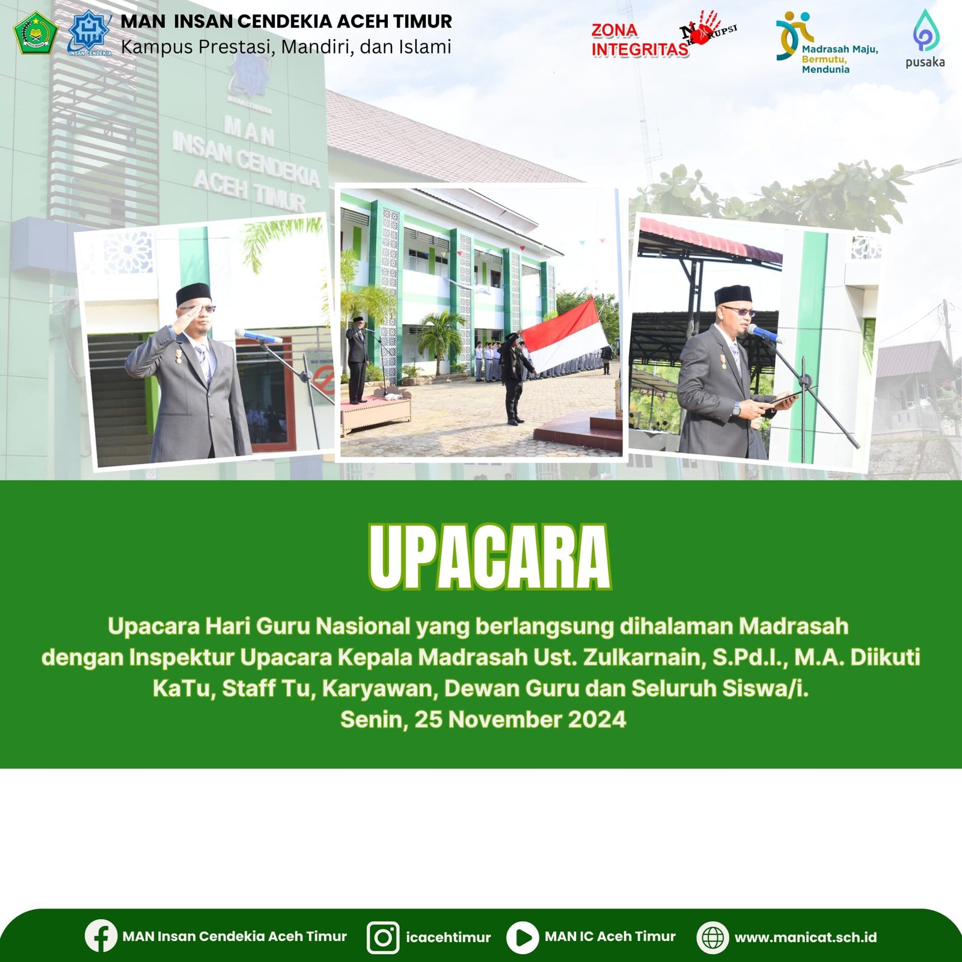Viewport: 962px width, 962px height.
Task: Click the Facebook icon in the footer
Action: point(100,936)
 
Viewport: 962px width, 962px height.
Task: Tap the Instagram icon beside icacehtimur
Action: point(383,937)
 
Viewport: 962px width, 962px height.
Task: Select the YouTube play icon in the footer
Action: point(522,937)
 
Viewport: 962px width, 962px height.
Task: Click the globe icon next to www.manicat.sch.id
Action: point(712,937)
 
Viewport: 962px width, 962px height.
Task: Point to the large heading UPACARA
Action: point(489,557)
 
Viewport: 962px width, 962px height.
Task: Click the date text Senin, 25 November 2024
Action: point(483,719)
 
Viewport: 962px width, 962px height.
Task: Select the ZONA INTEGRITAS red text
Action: point(639,40)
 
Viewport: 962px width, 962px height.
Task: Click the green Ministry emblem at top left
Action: point(35,32)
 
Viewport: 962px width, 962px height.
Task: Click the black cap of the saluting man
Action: point(193,294)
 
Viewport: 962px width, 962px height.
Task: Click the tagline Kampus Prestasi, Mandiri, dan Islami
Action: point(286,47)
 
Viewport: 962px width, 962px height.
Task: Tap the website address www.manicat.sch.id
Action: point(806,937)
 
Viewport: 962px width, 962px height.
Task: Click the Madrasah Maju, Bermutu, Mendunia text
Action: point(839,59)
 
